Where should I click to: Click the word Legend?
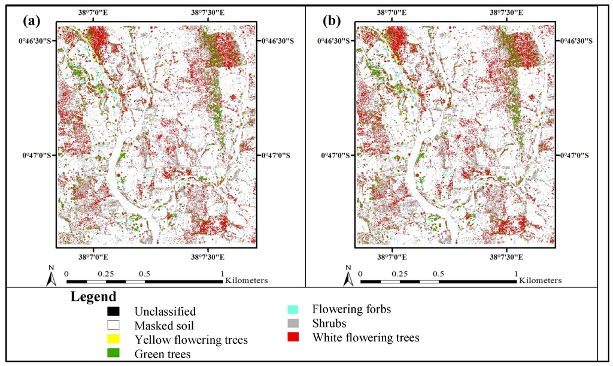point(93,297)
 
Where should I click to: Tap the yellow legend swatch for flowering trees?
point(114,340)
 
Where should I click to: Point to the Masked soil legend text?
point(165,325)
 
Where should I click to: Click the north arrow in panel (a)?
point(52,277)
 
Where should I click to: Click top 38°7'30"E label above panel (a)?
point(208,11)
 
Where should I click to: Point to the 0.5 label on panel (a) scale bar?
point(144,273)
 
